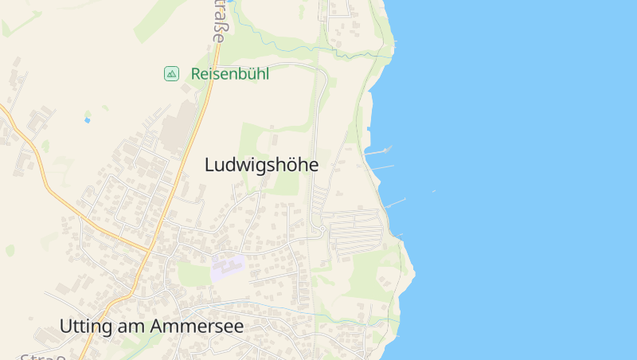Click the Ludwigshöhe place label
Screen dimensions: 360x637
(261, 165)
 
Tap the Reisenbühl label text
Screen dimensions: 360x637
(230, 74)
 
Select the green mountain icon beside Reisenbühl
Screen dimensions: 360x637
(171, 74)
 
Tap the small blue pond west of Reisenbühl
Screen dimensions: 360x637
(87, 120)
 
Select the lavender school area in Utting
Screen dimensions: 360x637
(227, 266)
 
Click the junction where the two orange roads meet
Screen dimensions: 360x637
(149, 250)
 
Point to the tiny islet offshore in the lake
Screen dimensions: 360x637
(434, 191)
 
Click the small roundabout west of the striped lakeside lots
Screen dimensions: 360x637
(318, 231)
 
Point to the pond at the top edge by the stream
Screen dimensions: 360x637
(230, 2)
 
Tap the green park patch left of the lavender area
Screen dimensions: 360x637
(193, 274)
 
